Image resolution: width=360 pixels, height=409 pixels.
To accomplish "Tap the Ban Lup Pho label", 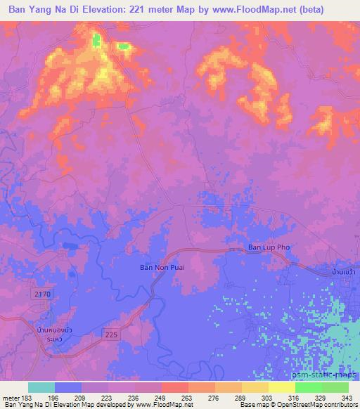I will point(269,247).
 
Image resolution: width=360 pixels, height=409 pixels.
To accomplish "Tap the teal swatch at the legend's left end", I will point(41,387).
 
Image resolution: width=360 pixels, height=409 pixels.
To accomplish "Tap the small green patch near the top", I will point(124,46).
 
